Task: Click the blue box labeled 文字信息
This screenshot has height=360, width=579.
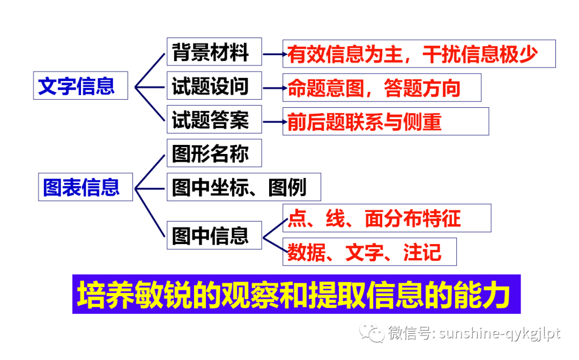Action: pyautogui.click(x=80, y=85)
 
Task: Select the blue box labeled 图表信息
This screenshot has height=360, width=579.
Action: pyautogui.click(x=85, y=187)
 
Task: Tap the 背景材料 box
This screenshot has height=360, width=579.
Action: pyautogui.click(x=214, y=52)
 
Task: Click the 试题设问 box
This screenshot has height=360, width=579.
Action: pyautogui.click(x=214, y=85)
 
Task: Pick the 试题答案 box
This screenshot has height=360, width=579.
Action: pyautogui.click(x=214, y=119)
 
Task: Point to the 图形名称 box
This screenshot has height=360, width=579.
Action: pyautogui.click(x=214, y=153)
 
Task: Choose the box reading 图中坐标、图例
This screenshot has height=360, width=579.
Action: pyautogui.click(x=243, y=187)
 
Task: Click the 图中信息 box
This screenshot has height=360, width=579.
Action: pyautogui.click(x=214, y=234)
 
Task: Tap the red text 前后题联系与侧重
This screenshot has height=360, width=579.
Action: pyautogui.click(x=365, y=122)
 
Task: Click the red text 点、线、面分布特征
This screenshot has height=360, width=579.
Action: pyautogui.click(x=374, y=218)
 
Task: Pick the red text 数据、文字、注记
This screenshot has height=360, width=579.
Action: pyautogui.click(x=365, y=252)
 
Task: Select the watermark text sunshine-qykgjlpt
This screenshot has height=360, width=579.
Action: pyautogui.click(x=499, y=334)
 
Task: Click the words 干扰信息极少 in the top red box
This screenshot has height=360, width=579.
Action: pyautogui.click(x=480, y=54)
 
